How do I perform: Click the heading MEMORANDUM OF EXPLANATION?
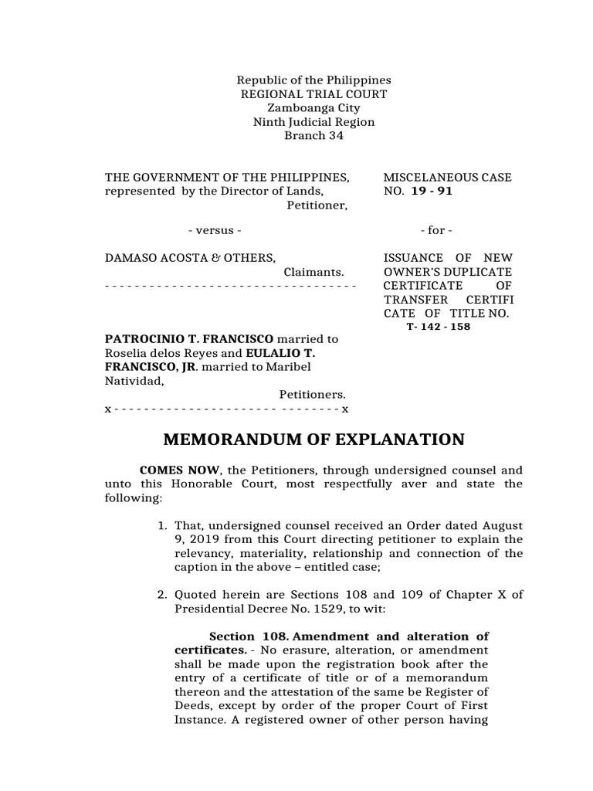click(x=314, y=440)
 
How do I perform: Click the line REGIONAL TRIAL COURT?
click(x=314, y=94)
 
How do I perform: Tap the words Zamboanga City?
click(x=313, y=108)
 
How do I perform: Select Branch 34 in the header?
click(x=313, y=136)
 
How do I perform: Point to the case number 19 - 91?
click(x=432, y=192)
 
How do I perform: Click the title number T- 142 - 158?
click(x=439, y=327)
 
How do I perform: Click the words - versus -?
click(x=215, y=230)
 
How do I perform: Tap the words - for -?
click(x=436, y=230)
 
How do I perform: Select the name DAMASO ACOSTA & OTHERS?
click(x=190, y=258)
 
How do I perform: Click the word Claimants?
click(x=313, y=272)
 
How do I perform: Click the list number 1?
click(x=162, y=526)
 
